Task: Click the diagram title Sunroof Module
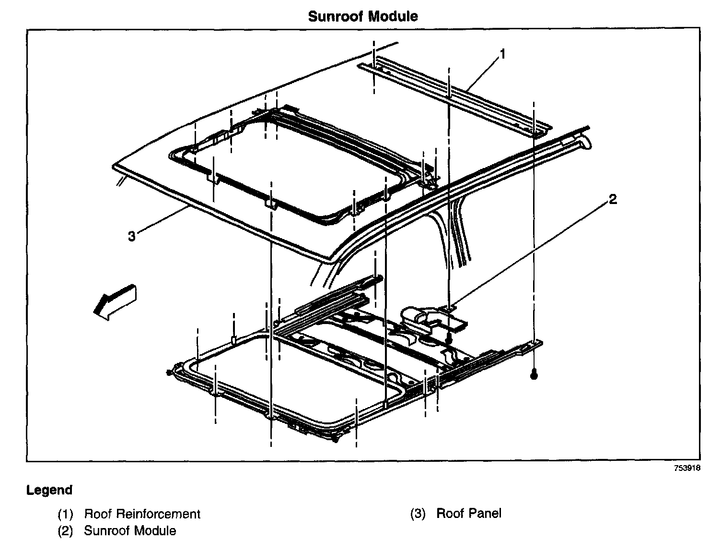(x=362, y=16)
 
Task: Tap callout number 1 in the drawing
(x=502, y=54)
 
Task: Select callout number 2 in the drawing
(x=613, y=199)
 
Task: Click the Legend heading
(x=49, y=490)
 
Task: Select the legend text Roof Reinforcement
(x=142, y=514)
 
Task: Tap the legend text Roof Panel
(x=468, y=513)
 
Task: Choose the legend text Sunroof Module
(x=130, y=531)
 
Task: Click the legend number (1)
(x=65, y=514)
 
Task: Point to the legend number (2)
(x=65, y=531)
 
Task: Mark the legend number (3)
(x=418, y=513)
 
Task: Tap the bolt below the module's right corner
(x=534, y=375)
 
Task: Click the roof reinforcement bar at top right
(x=455, y=94)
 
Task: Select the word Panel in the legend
(x=485, y=513)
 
